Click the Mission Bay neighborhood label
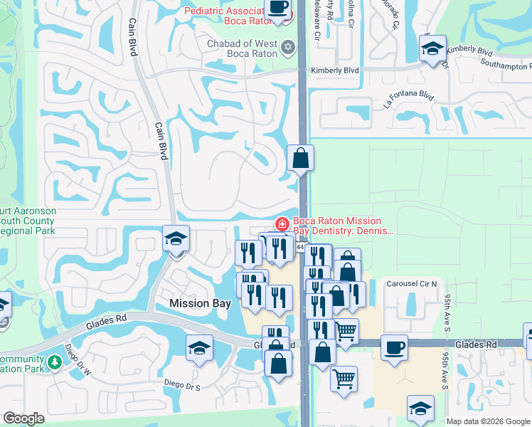tap(200, 303)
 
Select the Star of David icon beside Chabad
tap(287, 48)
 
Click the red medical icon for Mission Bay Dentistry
tap(282, 224)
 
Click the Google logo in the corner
tap(23, 418)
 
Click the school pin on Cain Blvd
tap(176, 239)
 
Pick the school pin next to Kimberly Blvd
tap(432, 49)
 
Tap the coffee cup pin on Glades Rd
tap(394, 348)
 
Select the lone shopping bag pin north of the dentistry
tap(300, 157)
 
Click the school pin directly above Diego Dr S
tap(199, 349)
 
